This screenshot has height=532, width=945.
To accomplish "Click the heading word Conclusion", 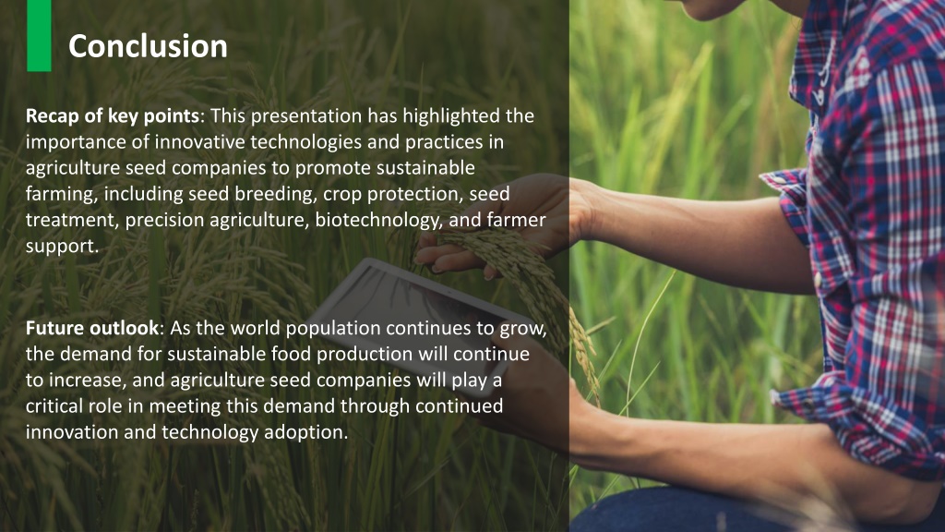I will pos(148,46).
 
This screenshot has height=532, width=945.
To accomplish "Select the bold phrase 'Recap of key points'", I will pos(112,117).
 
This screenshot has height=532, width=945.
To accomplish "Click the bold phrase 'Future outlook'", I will pos(91,329).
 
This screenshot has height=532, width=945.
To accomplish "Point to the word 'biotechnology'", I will pos(369,221).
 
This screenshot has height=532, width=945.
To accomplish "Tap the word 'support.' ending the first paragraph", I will pos(62,248).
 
